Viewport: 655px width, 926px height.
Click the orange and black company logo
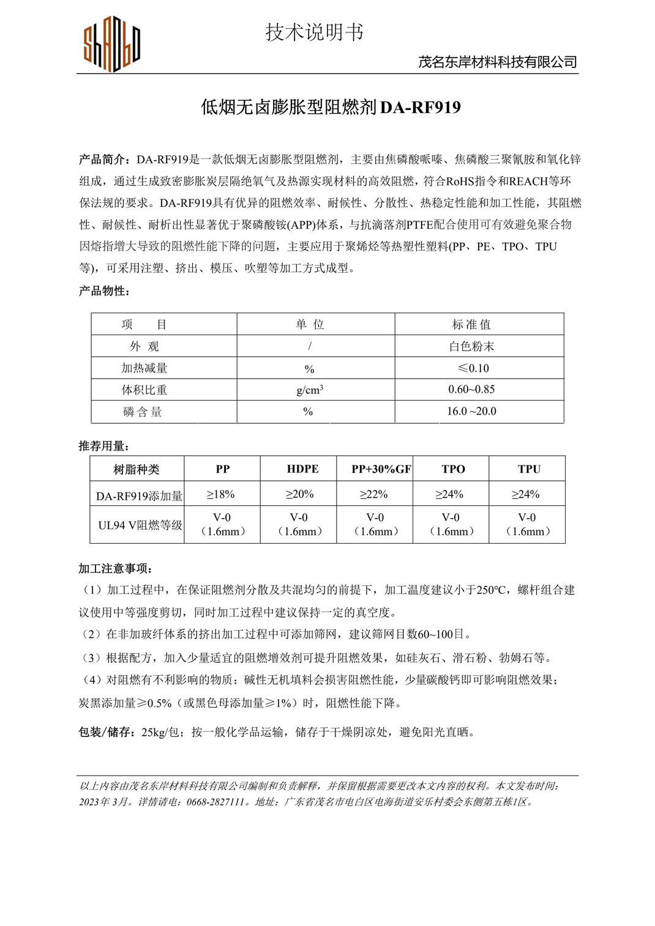pos(112,44)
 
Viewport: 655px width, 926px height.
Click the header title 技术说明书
pos(315,32)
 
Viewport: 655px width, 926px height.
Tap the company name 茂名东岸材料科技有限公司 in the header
pos(497,62)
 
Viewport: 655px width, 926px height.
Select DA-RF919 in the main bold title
pos(421,108)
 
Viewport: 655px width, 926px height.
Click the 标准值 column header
pos(471,324)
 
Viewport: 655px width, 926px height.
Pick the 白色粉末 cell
pos(471,346)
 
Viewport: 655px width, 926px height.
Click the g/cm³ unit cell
pos(310,390)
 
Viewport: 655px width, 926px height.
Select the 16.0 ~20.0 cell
pos(471,411)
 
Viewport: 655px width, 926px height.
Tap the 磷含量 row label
pos(143,412)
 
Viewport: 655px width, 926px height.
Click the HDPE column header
pos(302,469)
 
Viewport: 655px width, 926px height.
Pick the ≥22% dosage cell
pos(374,494)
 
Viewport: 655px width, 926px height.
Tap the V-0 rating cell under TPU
pos(527,524)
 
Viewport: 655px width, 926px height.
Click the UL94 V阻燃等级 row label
pos(140,525)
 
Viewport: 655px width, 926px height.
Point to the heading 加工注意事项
pos(115,569)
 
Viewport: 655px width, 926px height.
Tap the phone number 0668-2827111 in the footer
pos(215,802)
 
